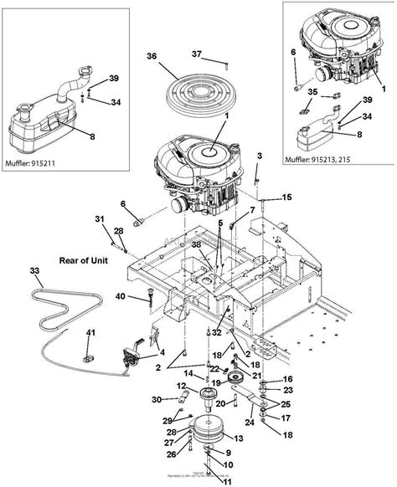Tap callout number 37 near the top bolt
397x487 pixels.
pos(196,55)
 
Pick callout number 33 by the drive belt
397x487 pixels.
pos(34,271)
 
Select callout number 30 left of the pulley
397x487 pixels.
pos(157,399)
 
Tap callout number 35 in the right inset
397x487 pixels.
pos(312,91)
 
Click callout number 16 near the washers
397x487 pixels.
pos(288,379)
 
